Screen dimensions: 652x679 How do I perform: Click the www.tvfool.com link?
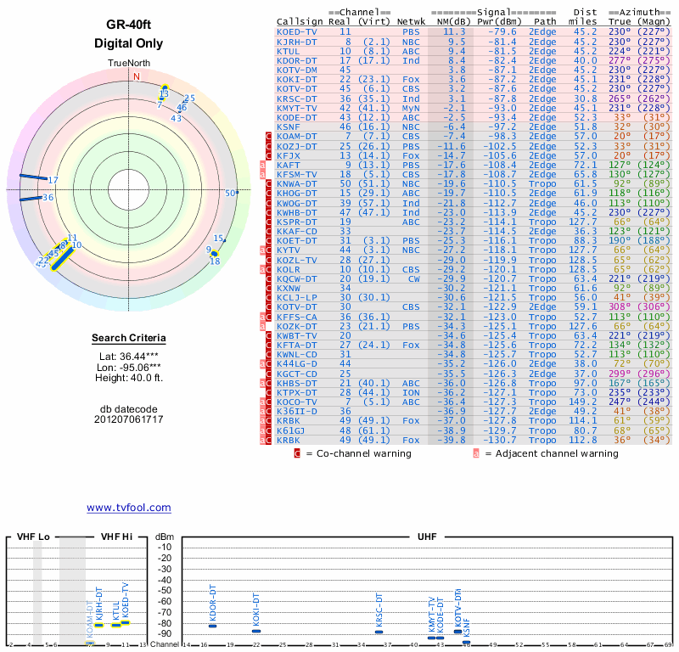click(x=128, y=508)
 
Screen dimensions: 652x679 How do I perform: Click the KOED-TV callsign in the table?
click(x=297, y=31)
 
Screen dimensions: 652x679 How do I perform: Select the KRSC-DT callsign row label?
click(x=297, y=98)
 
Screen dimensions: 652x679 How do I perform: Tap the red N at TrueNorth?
click(x=136, y=76)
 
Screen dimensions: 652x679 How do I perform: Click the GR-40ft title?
click(x=128, y=25)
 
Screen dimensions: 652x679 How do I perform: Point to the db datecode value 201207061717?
click(x=128, y=419)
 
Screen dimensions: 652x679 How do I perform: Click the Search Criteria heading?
click(x=128, y=339)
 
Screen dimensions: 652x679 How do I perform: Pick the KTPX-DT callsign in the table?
click(x=297, y=392)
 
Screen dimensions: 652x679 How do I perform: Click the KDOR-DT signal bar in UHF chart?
click(x=213, y=626)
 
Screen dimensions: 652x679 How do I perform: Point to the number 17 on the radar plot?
click(x=53, y=180)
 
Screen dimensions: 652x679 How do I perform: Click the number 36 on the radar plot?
click(x=48, y=198)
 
